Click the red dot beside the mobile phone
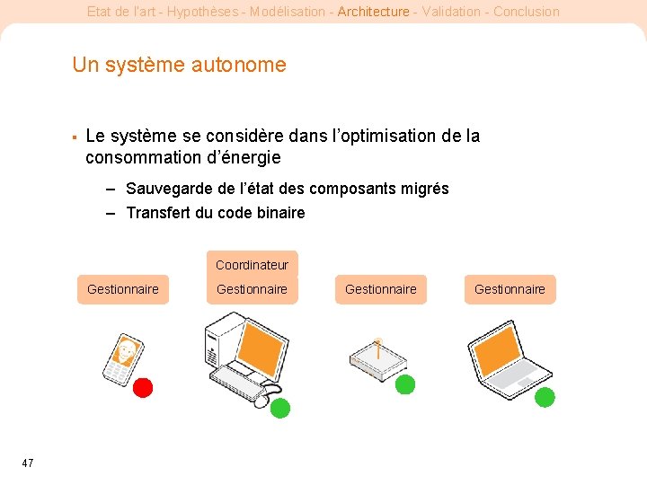pos(143,388)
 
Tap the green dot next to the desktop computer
pos(280,408)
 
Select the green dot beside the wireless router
pos(405,384)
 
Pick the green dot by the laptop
pos(545,397)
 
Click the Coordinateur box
pos(253,265)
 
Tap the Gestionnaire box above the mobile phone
pos(123,289)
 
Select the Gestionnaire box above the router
pos(381,289)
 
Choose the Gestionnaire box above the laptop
pos(510,289)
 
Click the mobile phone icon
pos(123,359)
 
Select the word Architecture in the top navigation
pos(374,12)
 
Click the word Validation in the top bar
pos(451,12)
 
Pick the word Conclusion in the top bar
pos(527,12)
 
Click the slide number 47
pos(28,463)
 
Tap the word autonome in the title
pos(239,65)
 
